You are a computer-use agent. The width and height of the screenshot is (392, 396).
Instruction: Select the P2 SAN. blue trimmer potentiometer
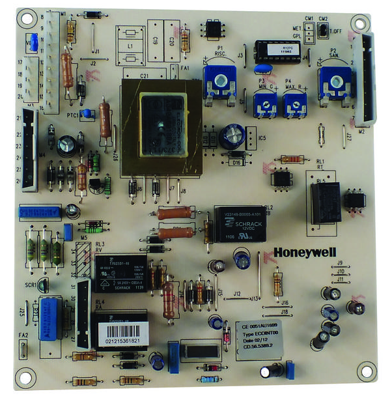[x=330, y=81]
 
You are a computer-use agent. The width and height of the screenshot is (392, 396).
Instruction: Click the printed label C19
[x=156, y=41]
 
